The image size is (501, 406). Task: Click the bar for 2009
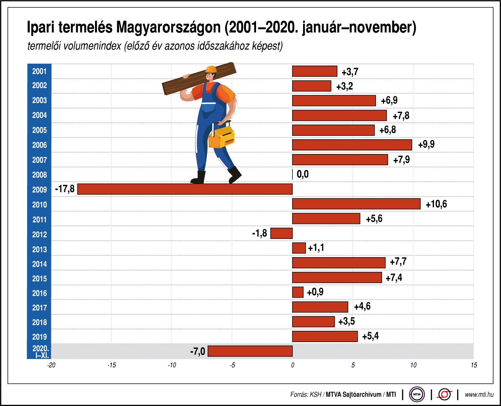pos(185,189)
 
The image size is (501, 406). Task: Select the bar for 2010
pos(356,204)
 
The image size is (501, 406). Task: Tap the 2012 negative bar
pos(281,233)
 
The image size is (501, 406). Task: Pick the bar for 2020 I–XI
pos(250,351)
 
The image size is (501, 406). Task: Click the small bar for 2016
pos(298,292)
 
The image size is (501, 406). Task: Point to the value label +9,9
pos(426,144)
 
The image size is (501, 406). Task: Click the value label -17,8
pos(65,189)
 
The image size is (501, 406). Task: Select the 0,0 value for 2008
pos(302,174)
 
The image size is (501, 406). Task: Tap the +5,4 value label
pos(370,336)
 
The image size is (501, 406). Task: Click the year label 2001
pos(39,71)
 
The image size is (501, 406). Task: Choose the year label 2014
pos(39,264)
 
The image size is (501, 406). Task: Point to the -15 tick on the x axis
pos(111,365)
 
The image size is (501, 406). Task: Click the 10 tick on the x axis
pos(413,365)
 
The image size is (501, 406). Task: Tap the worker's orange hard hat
pos(211,70)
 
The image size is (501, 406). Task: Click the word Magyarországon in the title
pos(169,27)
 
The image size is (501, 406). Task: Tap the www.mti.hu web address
pos(479,395)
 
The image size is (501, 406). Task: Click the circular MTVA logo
pos(417,395)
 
